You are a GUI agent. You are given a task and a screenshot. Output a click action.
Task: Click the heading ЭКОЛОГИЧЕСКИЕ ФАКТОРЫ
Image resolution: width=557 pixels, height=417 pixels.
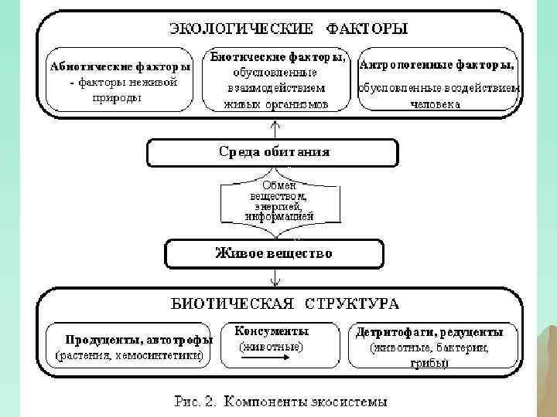click(288, 29)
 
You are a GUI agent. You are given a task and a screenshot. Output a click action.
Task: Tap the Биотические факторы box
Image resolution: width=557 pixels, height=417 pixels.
click(276, 80)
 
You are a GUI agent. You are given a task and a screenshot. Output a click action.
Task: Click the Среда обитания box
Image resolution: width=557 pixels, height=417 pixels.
click(273, 152)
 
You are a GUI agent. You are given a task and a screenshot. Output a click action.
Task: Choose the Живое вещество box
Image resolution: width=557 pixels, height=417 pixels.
click(273, 253)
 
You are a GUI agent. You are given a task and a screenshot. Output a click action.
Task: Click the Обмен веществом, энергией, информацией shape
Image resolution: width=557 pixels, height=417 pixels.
click(278, 202)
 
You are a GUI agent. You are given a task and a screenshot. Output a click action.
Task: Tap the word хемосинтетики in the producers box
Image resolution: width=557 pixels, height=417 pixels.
click(166, 356)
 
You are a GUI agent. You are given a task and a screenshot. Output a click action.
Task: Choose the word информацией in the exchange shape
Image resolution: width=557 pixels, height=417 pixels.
click(279, 218)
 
